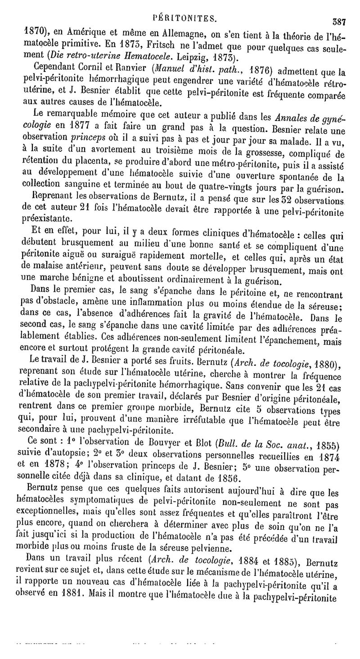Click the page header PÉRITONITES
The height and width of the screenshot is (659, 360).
point(186,18)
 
